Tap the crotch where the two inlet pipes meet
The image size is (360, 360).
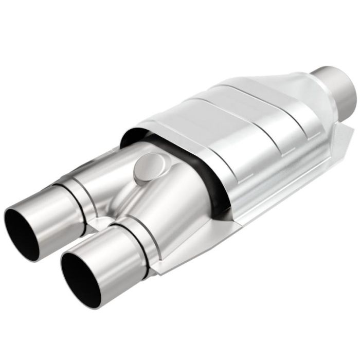pos(103,221)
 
